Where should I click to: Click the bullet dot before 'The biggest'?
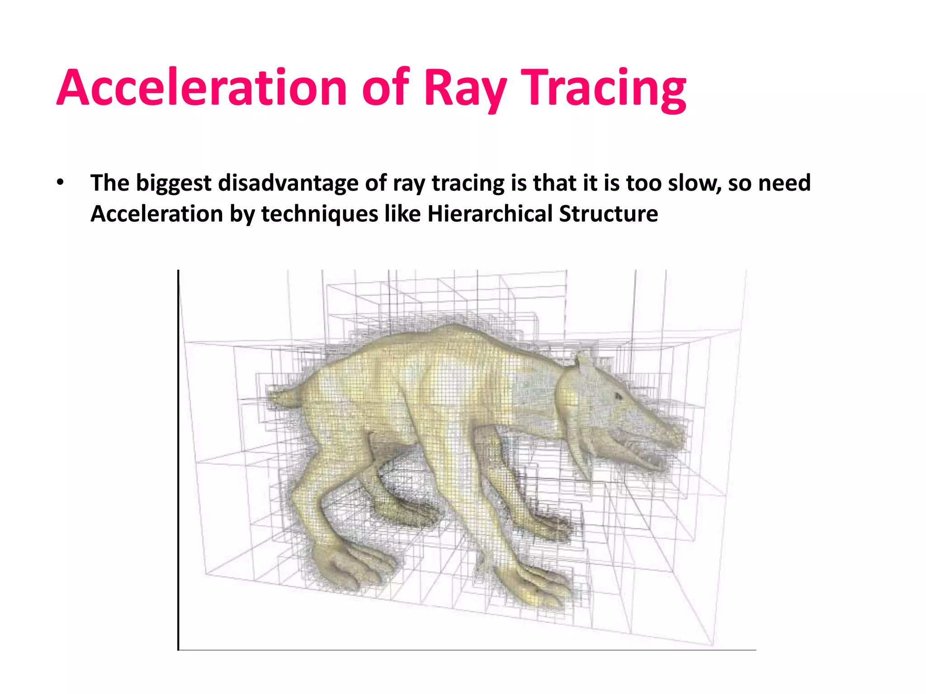[x=60, y=183]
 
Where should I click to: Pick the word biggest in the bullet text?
[x=174, y=183]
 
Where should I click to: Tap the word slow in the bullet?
[x=694, y=183]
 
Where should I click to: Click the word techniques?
[x=320, y=214]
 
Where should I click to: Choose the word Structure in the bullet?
[x=608, y=214]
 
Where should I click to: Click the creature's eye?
[x=618, y=396]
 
